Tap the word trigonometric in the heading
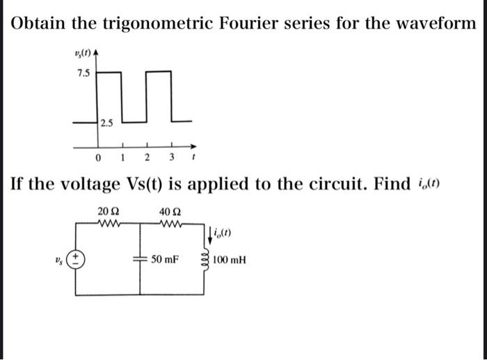[x=157, y=23]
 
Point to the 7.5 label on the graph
[x=83, y=73]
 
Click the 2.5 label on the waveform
[x=106, y=124]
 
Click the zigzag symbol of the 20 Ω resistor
[x=111, y=224]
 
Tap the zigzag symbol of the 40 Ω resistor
[x=169, y=224]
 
